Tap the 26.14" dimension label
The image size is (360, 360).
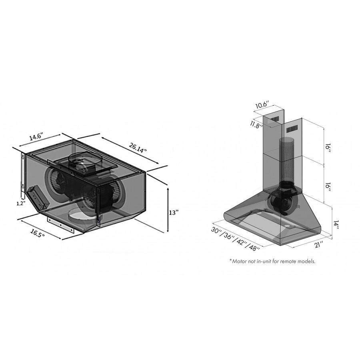tap(138, 148)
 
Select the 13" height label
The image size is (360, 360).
tap(174, 213)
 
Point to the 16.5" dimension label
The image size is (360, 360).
tap(37, 233)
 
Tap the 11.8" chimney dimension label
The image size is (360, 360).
tap(256, 125)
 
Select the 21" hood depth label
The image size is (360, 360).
tap(318, 244)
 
